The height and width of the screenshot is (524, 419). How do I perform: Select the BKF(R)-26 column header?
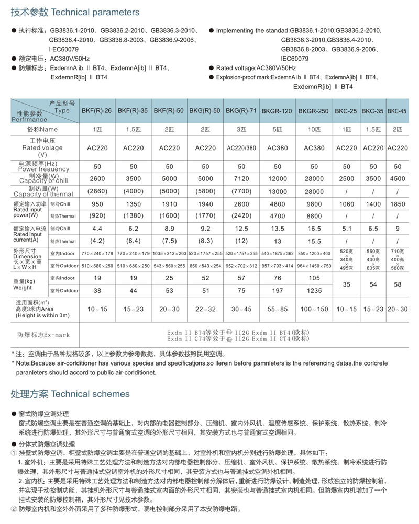point(96,111)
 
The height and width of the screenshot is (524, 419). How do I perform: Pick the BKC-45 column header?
point(398,111)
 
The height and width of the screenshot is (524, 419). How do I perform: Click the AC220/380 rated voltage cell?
point(241,149)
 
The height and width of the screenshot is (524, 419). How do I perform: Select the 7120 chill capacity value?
point(241,178)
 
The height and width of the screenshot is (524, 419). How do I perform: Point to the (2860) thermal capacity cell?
point(96,191)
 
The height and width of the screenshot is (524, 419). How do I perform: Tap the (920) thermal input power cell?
point(96,215)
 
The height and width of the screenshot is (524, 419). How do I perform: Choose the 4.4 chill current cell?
point(96,229)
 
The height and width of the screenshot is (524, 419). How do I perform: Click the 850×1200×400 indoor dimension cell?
point(314,254)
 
